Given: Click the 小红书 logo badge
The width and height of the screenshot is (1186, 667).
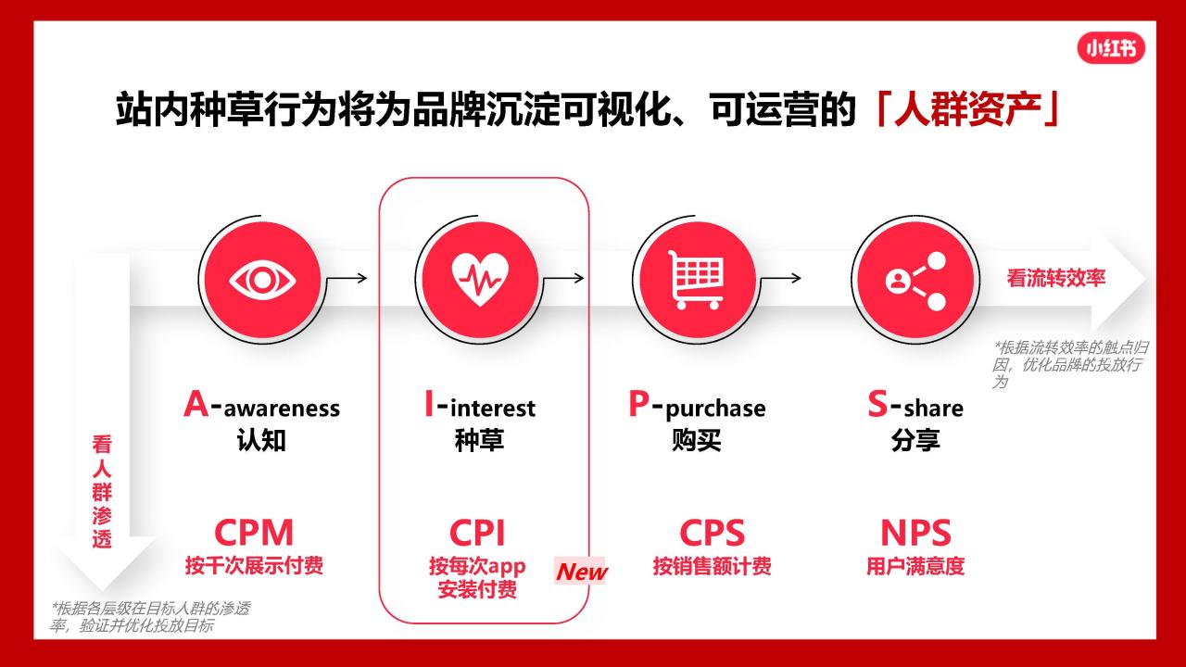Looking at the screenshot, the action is pyautogui.click(x=1111, y=49).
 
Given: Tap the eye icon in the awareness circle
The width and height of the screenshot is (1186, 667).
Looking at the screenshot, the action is pyautogui.click(x=262, y=281).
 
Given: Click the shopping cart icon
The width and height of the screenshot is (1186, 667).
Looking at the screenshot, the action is pyautogui.click(x=696, y=280).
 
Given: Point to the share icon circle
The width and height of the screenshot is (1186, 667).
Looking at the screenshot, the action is pyautogui.click(x=915, y=281).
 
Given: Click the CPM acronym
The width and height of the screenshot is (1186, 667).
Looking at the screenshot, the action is pyautogui.click(x=254, y=533).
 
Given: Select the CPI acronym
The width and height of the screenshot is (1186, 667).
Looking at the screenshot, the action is pyautogui.click(x=477, y=533).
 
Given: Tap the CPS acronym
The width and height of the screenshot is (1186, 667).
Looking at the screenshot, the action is pyautogui.click(x=713, y=533).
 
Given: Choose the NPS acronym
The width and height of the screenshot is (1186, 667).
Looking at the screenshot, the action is pyautogui.click(x=915, y=533).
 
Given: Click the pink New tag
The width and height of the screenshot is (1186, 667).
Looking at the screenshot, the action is pyautogui.click(x=581, y=572).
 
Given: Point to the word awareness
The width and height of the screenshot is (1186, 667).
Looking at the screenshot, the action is pyautogui.click(x=282, y=409).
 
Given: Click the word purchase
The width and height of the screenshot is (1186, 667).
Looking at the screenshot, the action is pyautogui.click(x=715, y=409).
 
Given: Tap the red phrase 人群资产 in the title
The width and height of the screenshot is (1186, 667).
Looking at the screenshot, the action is pyautogui.click(x=966, y=109).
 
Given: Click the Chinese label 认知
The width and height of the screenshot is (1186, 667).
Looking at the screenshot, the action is pyautogui.click(x=261, y=440).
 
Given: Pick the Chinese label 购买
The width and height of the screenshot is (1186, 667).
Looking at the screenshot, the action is pyautogui.click(x=696, y=440).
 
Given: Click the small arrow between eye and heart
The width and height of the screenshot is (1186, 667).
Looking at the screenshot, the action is pyautogui.click(x=347, y=278).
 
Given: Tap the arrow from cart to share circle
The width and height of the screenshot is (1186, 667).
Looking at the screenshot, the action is pyautogui.click(x=780, y=278).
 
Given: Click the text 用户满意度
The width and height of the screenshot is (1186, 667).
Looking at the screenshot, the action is pyautogui.click(x=915, y=566).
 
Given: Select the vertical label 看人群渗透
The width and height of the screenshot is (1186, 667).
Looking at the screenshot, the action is pyautogui.click(x=102, y=491).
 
